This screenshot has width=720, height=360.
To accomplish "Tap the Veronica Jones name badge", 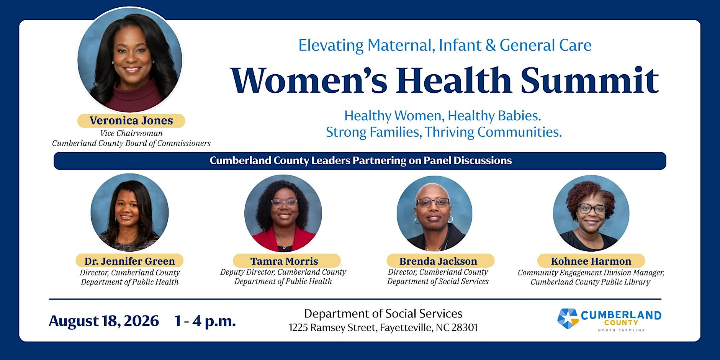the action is pos(131,121).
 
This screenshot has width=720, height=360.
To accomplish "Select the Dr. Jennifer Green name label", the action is pos(129,261).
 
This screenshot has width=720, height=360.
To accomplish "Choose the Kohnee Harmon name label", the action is pos(591,261).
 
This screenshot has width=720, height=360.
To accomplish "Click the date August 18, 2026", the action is pos(104,321).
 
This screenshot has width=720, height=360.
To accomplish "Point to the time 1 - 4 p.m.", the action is pos(205,321).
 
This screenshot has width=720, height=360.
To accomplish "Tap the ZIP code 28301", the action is pos(465,328).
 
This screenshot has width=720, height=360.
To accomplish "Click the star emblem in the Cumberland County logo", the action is pos(567,319).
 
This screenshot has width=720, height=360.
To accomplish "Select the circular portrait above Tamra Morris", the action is pos(283,213).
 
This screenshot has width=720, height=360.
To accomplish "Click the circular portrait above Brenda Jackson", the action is pos(434,213).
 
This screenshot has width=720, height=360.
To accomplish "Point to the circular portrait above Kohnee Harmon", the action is pos(591,213).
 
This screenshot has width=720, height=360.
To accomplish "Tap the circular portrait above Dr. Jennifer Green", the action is pos(129,213).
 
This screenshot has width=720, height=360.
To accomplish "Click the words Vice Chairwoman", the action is pos(131,133).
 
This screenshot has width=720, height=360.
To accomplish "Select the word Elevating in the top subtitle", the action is pos(331,46).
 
